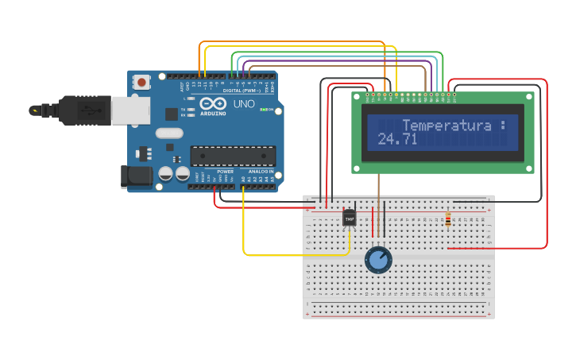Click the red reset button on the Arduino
[142, 81]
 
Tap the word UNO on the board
[243, 104]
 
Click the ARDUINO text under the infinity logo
[213, 114]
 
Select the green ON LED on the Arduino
[263, 109]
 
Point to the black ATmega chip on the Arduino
[233, 156]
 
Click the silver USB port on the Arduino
[130, 110]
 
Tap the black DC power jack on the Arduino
[135, 176]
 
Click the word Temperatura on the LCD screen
[446, 126]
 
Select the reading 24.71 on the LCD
[397, 140]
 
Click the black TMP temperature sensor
[349, 218]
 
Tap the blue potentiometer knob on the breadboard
[378, 259]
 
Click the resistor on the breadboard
[448, 219]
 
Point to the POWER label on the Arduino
[226, 171]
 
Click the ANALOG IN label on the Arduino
[260, 171]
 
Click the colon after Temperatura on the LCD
[502, 126]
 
